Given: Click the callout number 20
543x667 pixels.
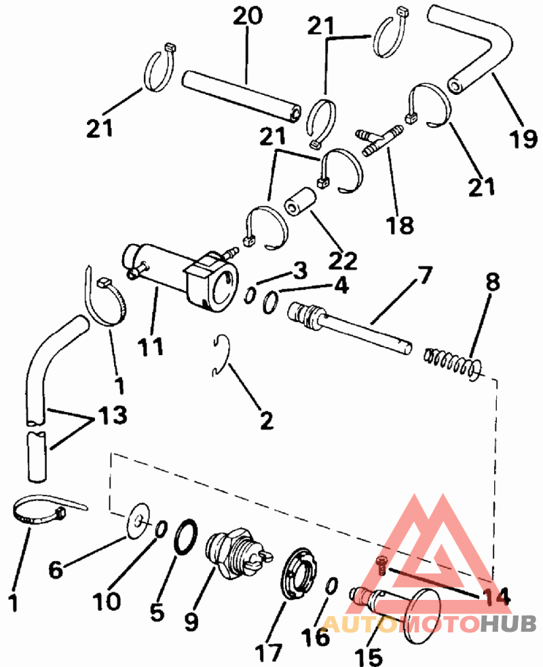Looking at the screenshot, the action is click(x=248, y=16).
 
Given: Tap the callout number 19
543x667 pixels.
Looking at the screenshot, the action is click(x=523, y=138).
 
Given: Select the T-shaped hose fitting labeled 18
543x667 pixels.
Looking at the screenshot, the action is click(x=379, y=140).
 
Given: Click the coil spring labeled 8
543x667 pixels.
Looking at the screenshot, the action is click(x=453, y=364).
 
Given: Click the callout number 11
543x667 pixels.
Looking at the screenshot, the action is click(x=150, y=346).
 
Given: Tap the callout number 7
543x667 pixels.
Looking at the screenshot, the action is click(x=424, y=275).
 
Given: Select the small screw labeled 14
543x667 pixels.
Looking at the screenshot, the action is click(x=382, y=566).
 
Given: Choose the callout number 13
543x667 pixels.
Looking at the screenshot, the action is click(x=113, y=414).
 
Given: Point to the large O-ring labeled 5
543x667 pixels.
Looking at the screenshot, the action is click(x=186, y=537).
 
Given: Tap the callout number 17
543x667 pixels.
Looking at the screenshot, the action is click(x=269, y=653).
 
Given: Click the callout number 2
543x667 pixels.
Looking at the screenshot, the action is click(x=267, y=421).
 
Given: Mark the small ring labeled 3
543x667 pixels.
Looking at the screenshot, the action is click(x=250, y=296).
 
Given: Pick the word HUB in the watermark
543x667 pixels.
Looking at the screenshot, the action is click(x=508, y=623).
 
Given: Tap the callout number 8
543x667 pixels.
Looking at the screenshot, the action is click(x=493, y=281).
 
